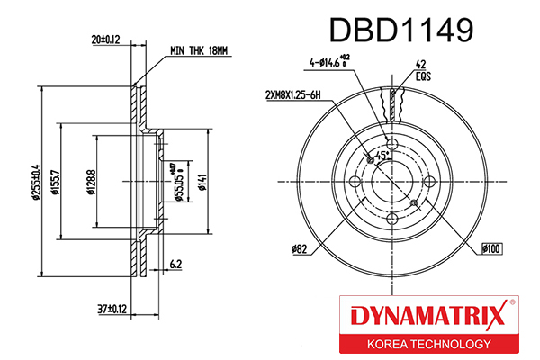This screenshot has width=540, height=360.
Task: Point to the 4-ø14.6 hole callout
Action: pyautogui.click(x=335, y=63)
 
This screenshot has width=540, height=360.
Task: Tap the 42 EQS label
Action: pyautogui.click(x=421, y=70)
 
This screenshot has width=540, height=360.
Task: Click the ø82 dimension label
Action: pyautogui.click(x=300, y=247)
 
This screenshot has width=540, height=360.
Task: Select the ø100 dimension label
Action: pyautogui.click(x=490, y=247)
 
